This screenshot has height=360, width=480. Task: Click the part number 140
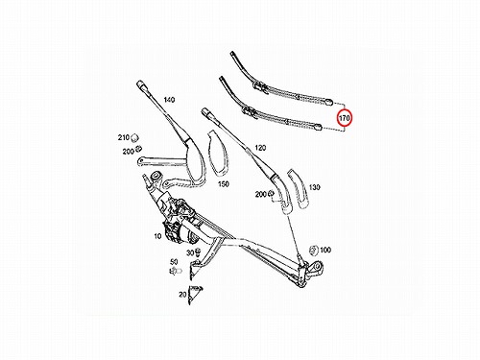169,100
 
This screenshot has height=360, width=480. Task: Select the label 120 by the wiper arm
260,148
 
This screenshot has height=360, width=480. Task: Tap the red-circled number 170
345,118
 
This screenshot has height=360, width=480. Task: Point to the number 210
123,137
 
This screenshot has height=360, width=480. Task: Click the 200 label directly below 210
128,152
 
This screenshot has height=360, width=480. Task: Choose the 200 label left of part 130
261,194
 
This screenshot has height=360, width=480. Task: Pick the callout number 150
224,184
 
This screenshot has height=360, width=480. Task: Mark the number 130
314,187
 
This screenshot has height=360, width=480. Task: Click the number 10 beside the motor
157,236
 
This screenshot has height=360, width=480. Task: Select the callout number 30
190,252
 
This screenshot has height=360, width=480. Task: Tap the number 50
174,262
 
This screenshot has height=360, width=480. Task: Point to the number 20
182,294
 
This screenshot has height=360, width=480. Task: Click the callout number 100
325,250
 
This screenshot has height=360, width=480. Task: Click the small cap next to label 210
134,137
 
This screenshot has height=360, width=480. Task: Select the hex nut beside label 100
314,251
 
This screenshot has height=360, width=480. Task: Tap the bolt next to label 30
198,252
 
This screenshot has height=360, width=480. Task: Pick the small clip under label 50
176,271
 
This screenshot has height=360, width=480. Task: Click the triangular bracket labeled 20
194,295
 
